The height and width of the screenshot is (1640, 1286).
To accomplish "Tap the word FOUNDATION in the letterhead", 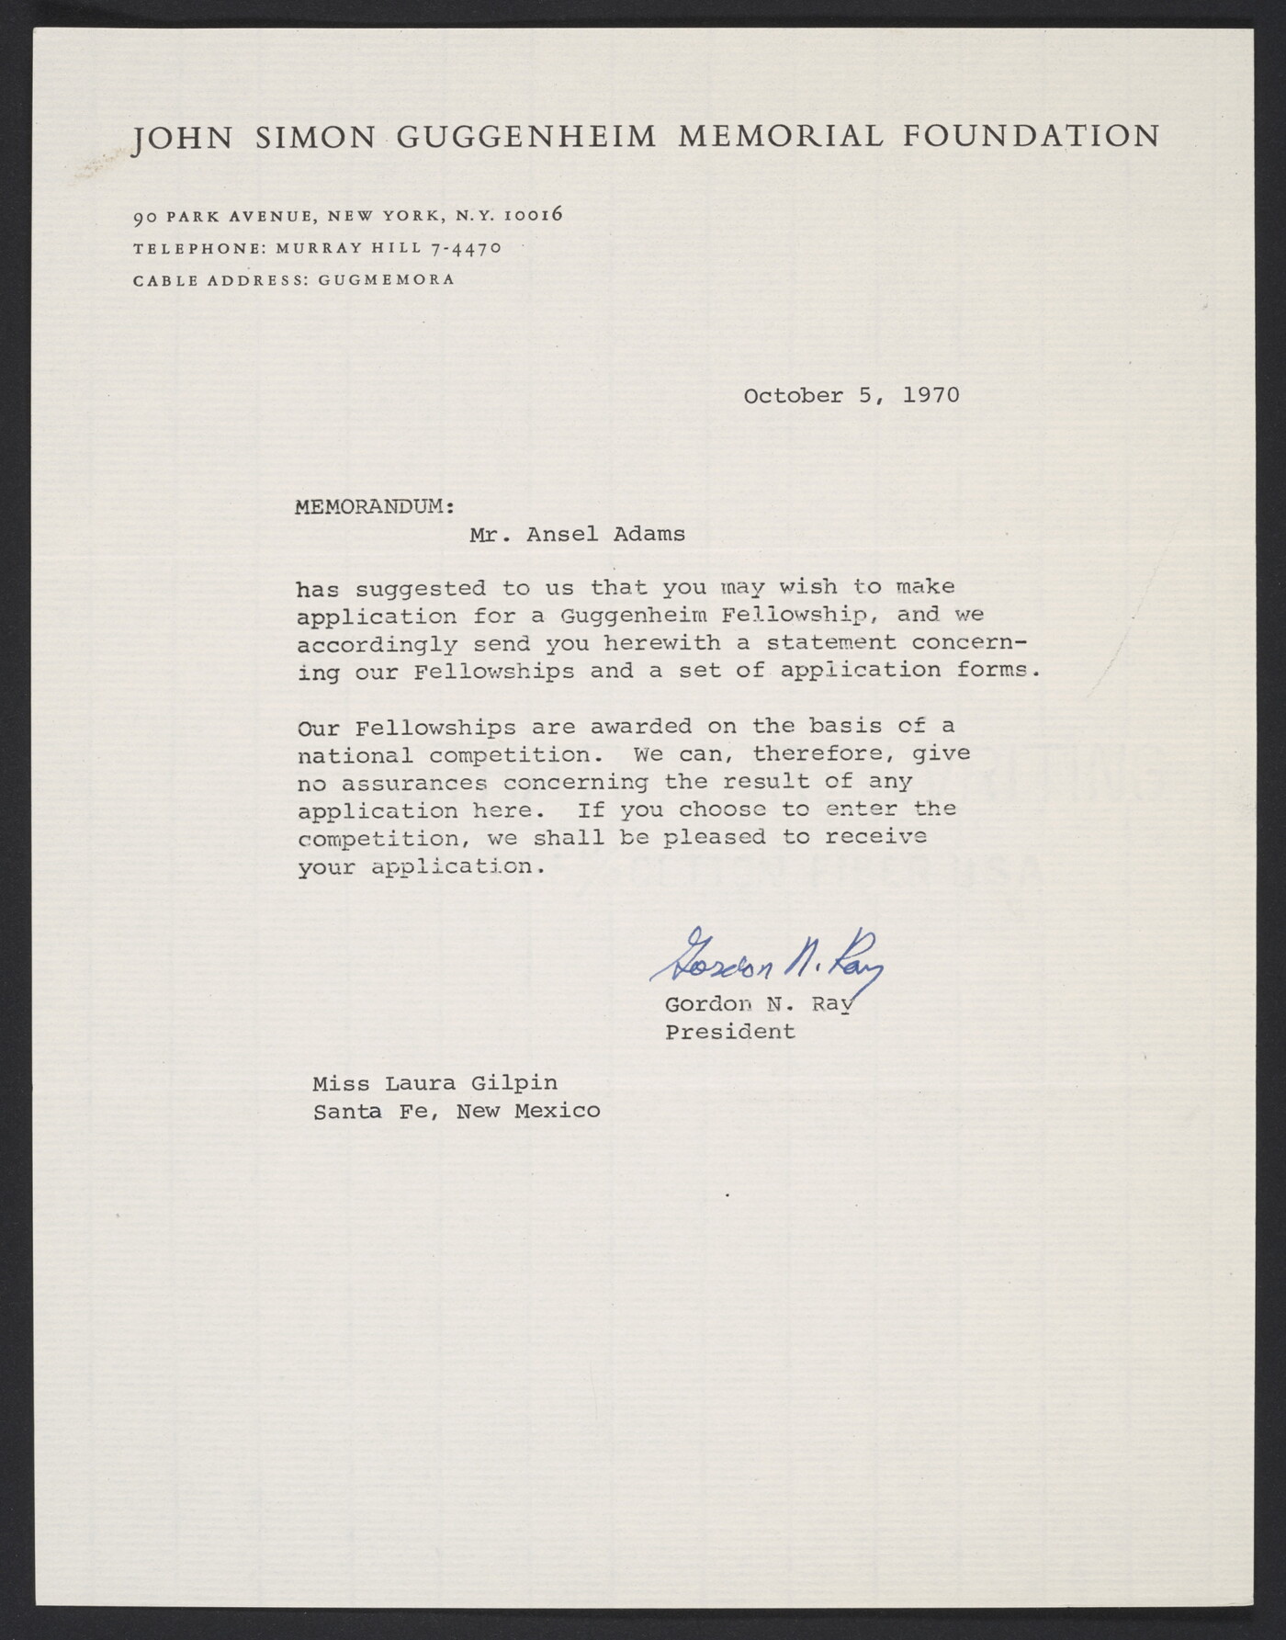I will click(1032, 136).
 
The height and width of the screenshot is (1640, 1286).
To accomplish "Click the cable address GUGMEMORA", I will click(386, 279).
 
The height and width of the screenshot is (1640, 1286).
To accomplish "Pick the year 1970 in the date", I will click(931, 395).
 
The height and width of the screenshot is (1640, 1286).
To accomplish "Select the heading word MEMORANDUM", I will click(369, 506).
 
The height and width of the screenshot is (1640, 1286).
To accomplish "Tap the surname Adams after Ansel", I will click(649, 534).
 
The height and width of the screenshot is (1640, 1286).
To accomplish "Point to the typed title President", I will click(729, 1032).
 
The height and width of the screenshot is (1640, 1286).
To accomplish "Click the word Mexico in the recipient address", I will click(557, 1111).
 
